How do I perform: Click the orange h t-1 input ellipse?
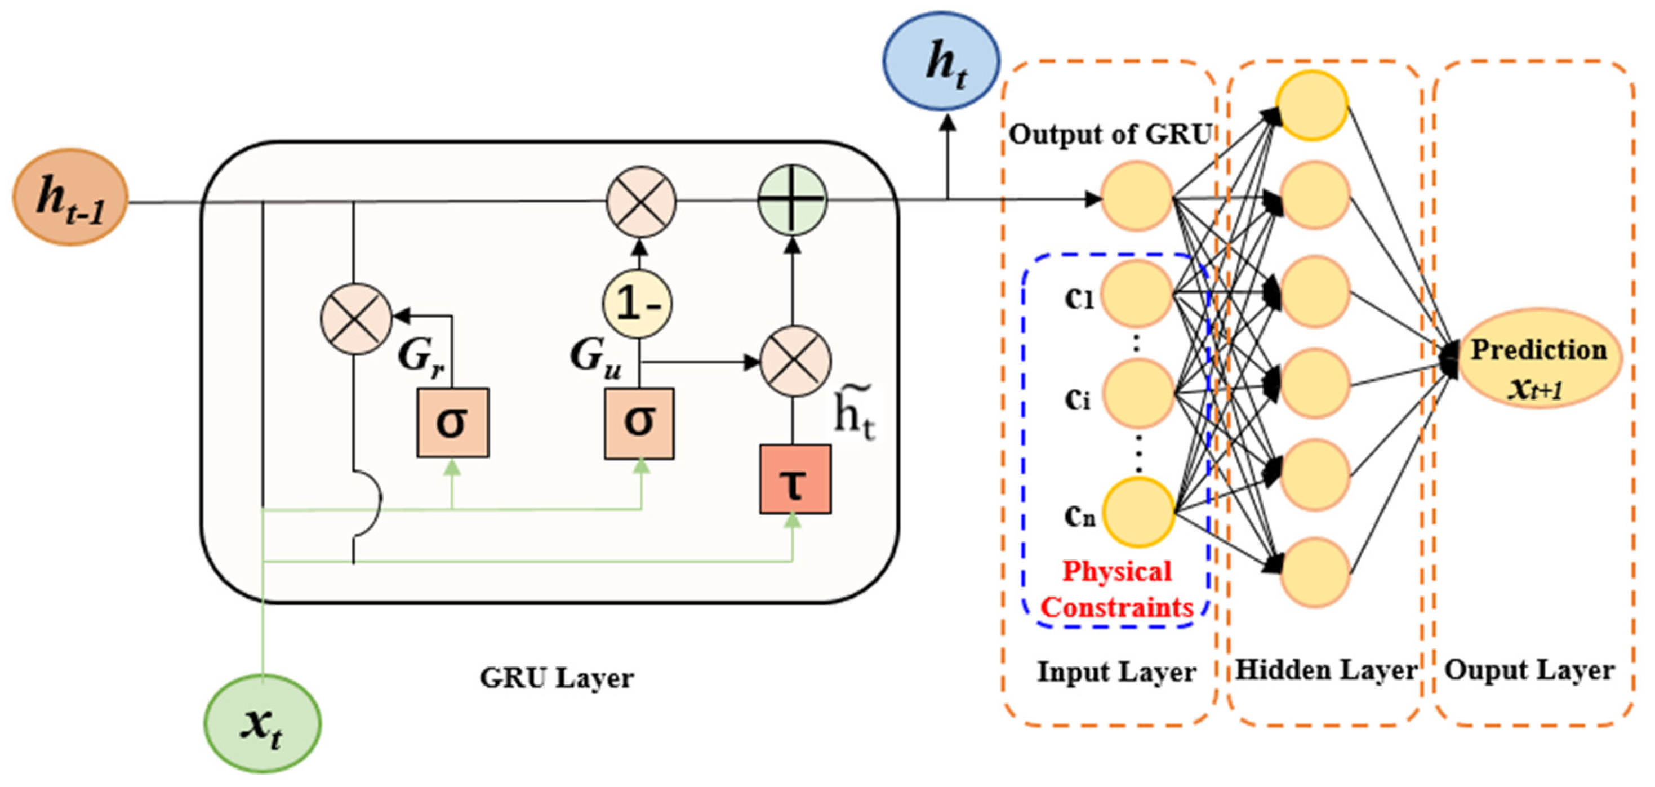tap(70, 197)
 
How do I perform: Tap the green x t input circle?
tap(262, 724)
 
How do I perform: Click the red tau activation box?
tap(795, 479)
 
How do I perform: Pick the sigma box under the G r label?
tap(452, 423)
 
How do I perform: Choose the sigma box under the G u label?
tap(639, 423)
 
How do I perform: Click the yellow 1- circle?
tap(637, 303)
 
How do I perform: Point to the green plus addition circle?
tap(792, 200)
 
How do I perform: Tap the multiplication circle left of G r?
tap(356, 319)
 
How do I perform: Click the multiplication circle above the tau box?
tap(795, 361)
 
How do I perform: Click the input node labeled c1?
tap(1138, 294)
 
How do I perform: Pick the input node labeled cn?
tap(1139, 512)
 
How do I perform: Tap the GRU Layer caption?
tap(557, 678)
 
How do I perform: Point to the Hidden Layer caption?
tap(1326, 670)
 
